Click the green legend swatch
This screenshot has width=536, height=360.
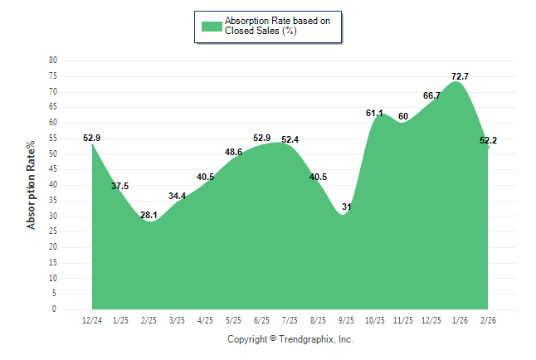tap(212, 26)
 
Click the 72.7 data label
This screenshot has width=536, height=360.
tap(460, 76)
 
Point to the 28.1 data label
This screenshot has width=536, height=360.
tap(149, 216)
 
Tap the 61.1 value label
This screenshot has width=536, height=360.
tap(374, 113)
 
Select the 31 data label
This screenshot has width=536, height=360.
tap(347, 207)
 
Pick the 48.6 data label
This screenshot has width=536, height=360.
tap(233, 152)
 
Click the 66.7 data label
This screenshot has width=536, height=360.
tap(431, 95)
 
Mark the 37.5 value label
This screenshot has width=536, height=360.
tap(120, 186)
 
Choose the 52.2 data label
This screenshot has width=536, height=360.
tap(488, 140)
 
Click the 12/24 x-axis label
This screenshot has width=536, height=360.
tap(92, 319)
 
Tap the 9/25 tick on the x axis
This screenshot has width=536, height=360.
tap(347, 319)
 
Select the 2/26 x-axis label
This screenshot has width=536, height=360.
tap(488, 319)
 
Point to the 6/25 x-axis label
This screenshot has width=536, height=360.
tap(261, 319)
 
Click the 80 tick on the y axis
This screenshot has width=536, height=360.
tap(53, 61)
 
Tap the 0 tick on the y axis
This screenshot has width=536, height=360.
tap(55, 309)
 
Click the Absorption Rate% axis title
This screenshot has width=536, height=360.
tap(32, 185)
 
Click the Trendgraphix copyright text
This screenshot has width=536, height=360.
tap(290, 339)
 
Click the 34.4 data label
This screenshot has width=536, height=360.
tap(177, 196)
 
